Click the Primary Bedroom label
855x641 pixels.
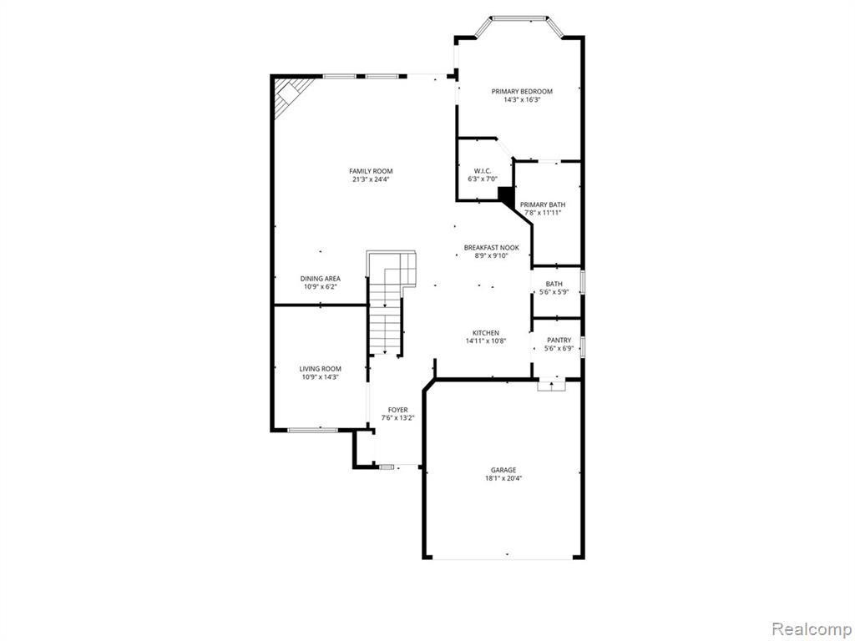point(522,92)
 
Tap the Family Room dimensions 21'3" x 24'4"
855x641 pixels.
point(371,179)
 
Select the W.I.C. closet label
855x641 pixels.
point(483,171)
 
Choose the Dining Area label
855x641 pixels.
point(321,279)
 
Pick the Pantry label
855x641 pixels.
point(559,340)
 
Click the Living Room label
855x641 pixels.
point(321,369)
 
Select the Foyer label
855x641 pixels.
point(398,410)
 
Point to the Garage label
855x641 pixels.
point(503,470)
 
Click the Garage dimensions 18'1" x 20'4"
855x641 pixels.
point(503,478)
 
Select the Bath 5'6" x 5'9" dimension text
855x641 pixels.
point(554,292)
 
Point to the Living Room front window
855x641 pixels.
point(312,430)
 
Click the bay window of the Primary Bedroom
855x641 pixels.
point(519,18)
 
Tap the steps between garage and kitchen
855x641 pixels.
point(551,385)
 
